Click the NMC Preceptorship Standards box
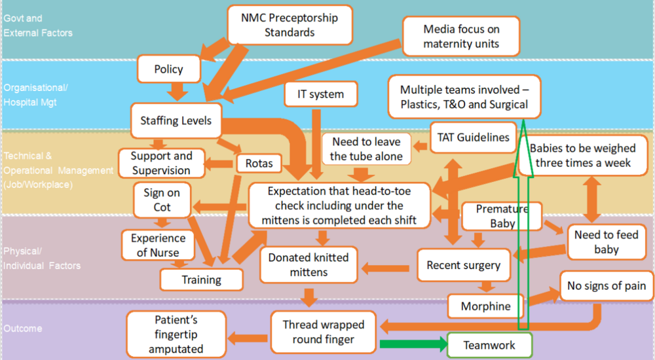point(290,26)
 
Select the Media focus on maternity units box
point(461,36)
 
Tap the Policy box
point(168,69)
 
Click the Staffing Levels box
point(176,120)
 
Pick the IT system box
point(322,94)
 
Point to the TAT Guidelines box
point(473,137)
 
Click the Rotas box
point(259,163)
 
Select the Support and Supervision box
point(161,163)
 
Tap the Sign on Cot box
point(162,200)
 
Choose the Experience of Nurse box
point(158,245)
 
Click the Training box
point(201,279)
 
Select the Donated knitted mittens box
point(308,264)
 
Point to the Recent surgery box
point(463,265)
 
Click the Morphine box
point(485,306)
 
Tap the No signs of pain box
point(607,285)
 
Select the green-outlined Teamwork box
point(489,345)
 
